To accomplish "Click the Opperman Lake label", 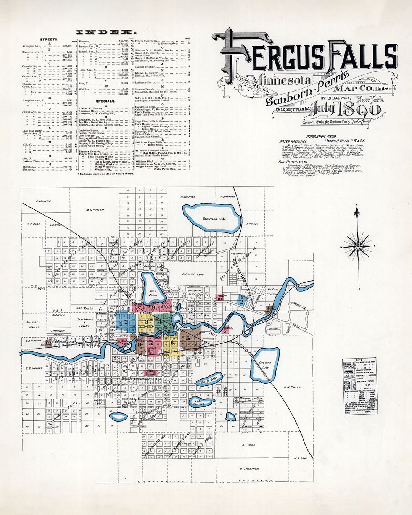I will tap(214, 219).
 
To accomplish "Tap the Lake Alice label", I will tap(153, 293).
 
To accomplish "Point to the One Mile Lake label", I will tap(264, 365).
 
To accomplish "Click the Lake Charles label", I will tap(199, 402).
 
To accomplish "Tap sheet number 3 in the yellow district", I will tap(146, 322).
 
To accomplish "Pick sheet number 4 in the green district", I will tap(159, 322).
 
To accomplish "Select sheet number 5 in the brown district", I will tap(188, 337).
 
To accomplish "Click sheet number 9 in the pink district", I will tap(153, 307).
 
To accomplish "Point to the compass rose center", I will tap(358, 246).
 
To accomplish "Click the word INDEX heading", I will tap(105, 32).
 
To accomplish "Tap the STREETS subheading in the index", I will tap(49, 39).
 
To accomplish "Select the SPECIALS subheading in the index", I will tap(106, 101).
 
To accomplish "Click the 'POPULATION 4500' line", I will tap(321, 136).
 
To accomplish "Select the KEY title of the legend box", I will tap(359, 360).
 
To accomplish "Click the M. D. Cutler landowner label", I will tap(95, 210).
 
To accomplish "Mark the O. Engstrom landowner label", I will tap(249, 468).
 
